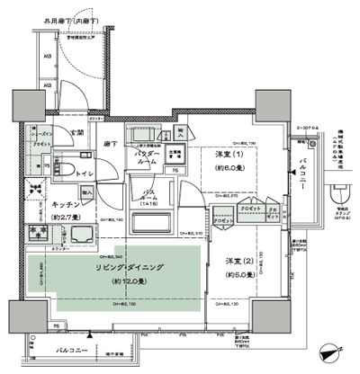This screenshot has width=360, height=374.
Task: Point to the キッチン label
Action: tap(56, 203)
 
